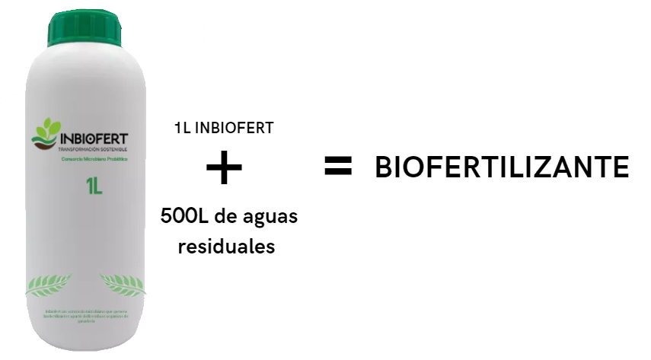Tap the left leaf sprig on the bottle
tap(47, 285)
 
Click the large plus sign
tap(224, 169)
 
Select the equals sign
tap(338, 168)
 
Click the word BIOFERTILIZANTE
tap(502, 168)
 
